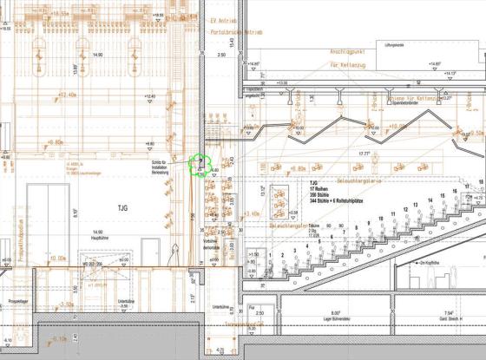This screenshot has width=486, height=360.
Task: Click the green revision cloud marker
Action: (200, 164)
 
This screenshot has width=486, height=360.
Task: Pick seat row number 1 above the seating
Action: (273, 252)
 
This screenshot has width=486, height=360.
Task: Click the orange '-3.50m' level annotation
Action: (64, 304)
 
